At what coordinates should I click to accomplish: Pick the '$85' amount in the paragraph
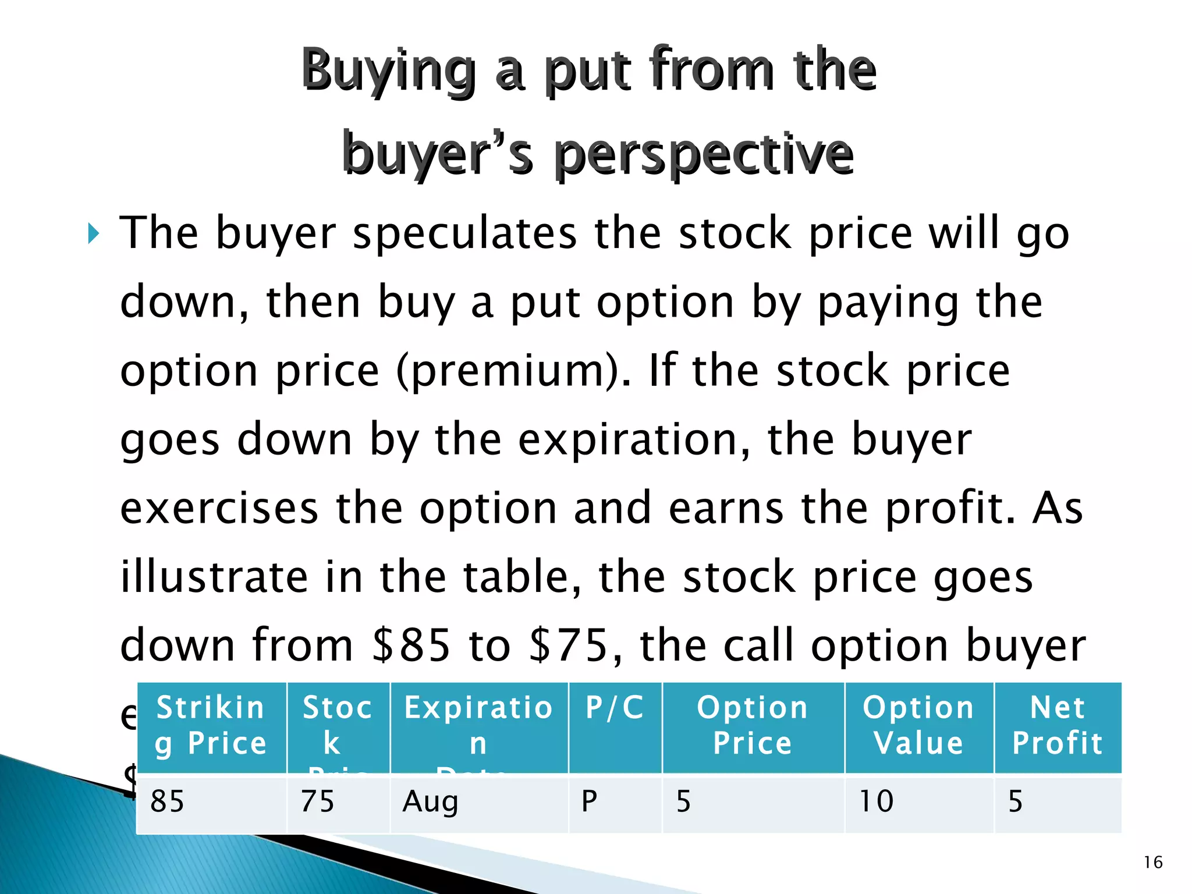coord(411,645)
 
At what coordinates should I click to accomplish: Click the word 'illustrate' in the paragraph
coord(214,577)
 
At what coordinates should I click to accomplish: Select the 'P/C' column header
coord(615,708)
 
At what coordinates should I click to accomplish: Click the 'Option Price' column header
coord(753,725)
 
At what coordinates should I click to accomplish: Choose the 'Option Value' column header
coord(918,725)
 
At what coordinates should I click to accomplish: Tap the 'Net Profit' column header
coord(1057,725)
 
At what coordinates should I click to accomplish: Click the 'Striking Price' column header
coord(211,725)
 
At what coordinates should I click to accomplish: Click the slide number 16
coord(1152,862)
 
